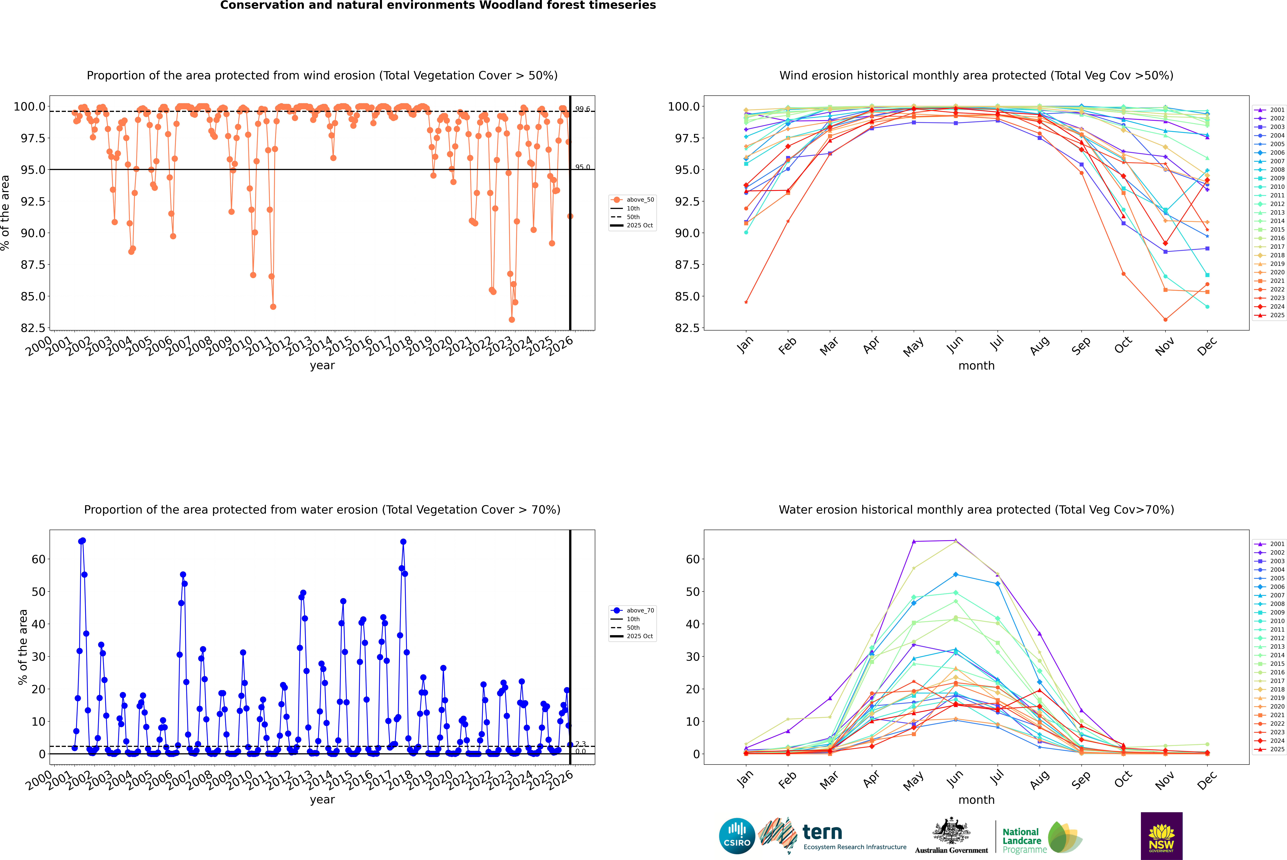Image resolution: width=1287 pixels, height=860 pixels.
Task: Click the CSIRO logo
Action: pos(737,836)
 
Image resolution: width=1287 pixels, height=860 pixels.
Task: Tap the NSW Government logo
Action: pos(1161,836)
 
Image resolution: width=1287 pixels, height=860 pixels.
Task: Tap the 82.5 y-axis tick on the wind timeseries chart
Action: pos(33,328)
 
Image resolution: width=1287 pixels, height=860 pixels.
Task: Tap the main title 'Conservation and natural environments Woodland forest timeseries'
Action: pos(438,5)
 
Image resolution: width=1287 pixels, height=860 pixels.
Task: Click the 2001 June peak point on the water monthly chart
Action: pos(956,540)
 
